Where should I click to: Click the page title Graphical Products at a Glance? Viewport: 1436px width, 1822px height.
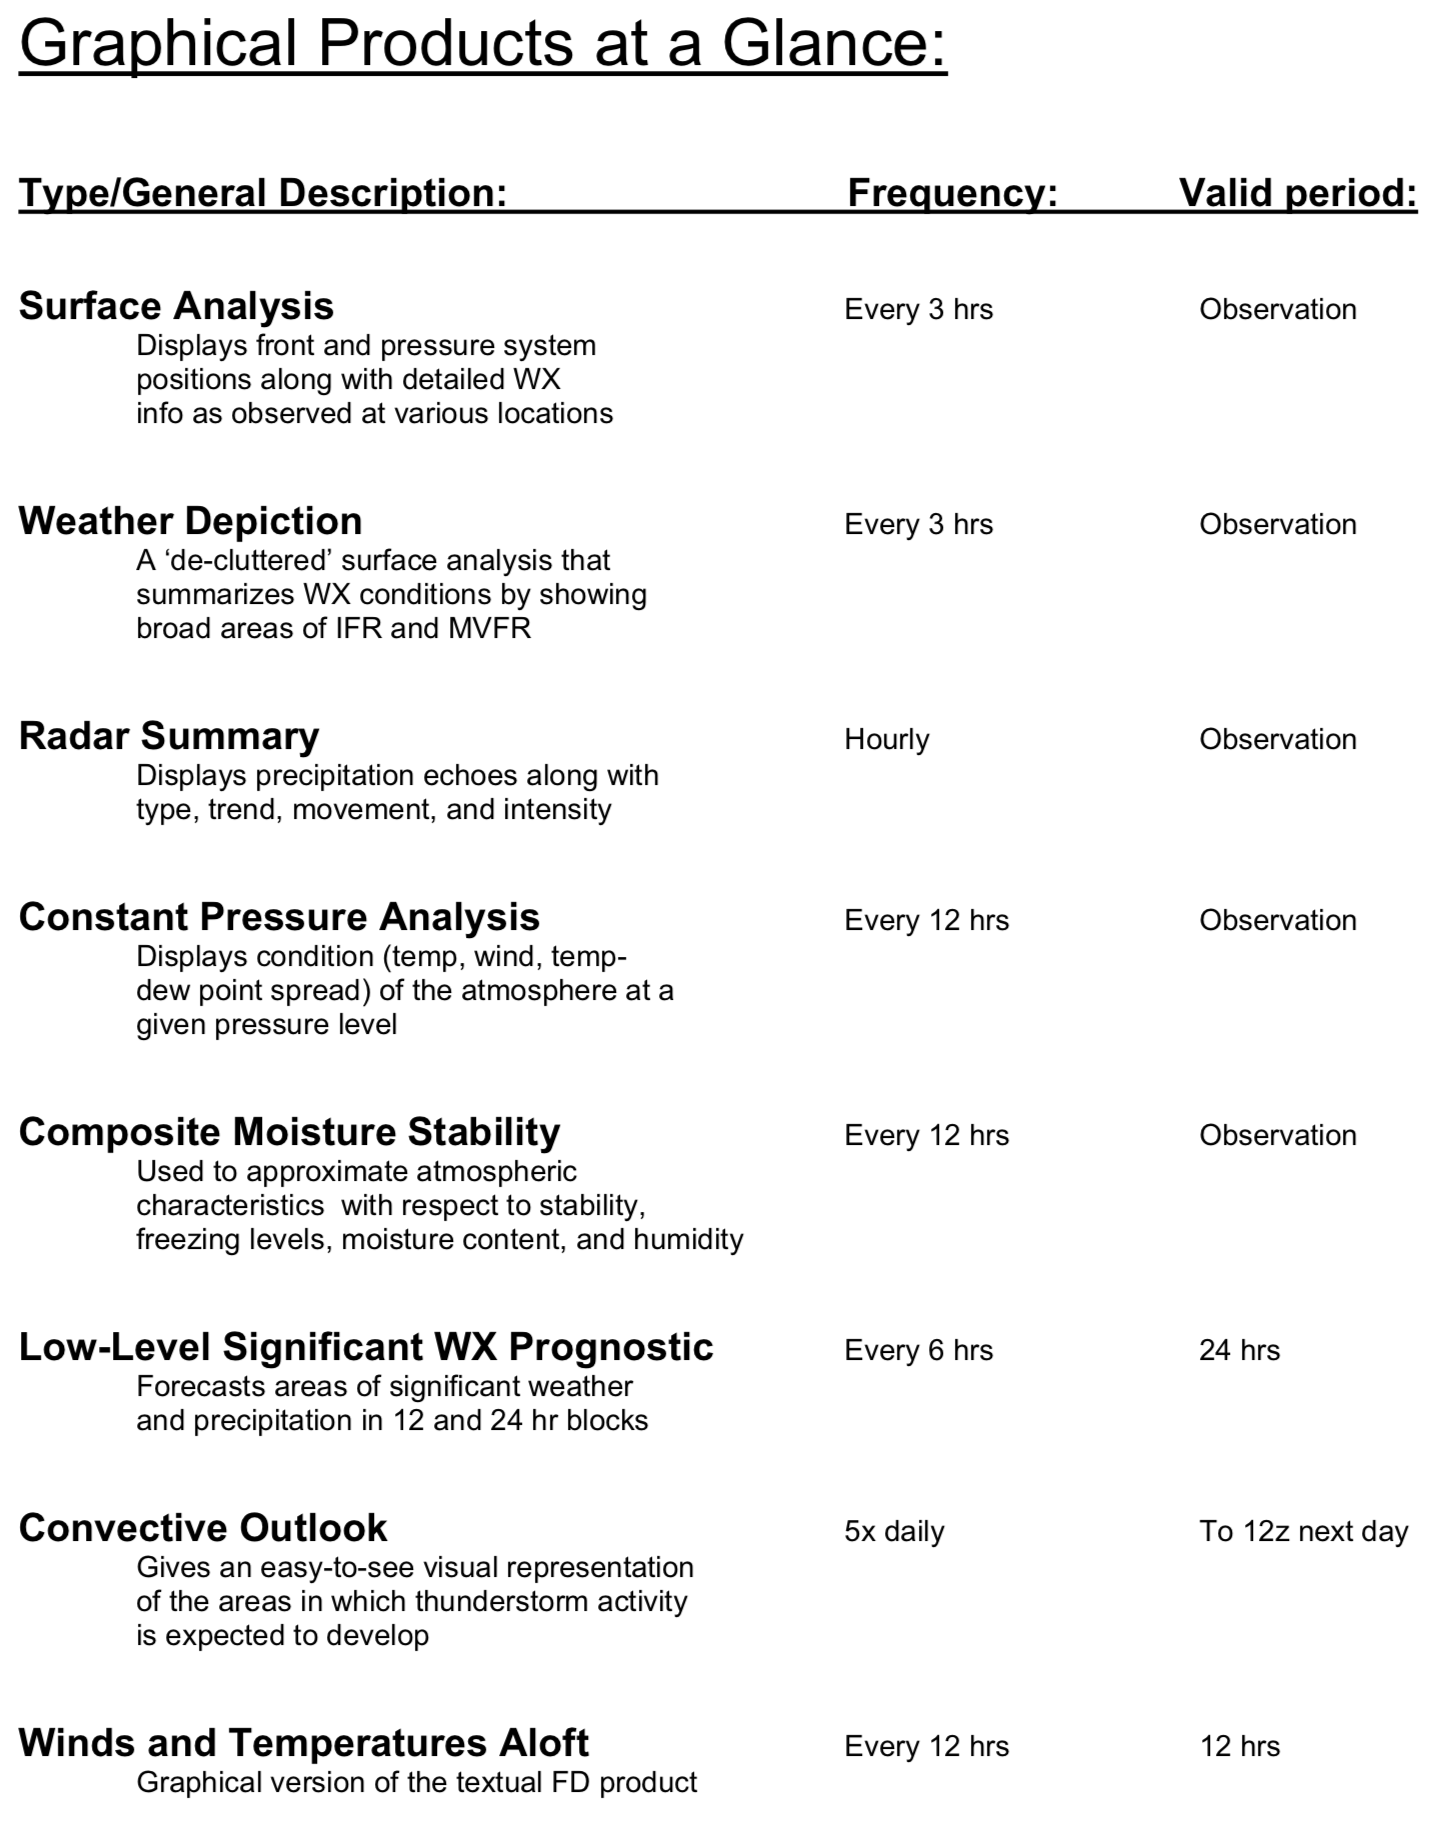(483, 44)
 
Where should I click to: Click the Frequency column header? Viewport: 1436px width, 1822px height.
(952, 192)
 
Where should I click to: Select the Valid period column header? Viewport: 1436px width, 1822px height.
(1298, 192)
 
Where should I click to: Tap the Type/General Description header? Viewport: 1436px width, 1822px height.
(263, 192)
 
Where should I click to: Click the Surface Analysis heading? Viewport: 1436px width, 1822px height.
(176, 306)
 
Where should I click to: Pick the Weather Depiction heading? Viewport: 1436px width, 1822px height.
(190, 521)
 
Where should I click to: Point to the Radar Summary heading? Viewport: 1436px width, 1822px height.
(169, 736)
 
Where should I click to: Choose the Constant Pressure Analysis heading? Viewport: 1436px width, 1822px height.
(279, 917)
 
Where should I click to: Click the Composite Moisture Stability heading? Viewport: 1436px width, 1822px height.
(289, 1132)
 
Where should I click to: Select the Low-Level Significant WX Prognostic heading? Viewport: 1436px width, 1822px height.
(366, 1347)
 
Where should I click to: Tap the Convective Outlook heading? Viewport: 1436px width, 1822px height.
(203, 1528)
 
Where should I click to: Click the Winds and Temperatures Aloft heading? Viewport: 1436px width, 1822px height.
(304, 1743)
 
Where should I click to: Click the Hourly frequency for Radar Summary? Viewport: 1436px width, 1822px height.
(887, 739)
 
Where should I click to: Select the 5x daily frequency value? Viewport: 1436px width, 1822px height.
(894, 1531)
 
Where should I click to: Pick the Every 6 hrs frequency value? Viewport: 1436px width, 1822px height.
(918, 1350)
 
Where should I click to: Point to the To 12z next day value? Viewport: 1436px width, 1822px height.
(1304, 1531)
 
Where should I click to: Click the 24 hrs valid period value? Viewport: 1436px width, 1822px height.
(1239, 1350)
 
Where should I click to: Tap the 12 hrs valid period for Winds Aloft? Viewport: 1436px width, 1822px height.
(1239, 1746)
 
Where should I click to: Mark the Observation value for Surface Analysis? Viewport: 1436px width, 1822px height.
(1278, 309)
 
